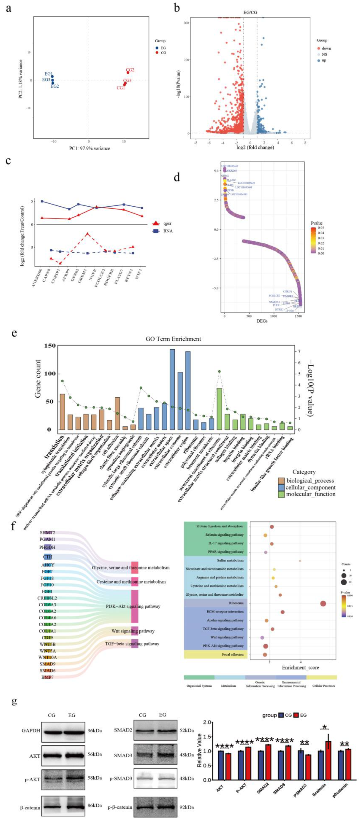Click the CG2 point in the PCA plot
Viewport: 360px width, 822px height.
coord(128,72)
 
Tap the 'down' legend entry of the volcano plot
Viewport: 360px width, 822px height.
coord(326,48)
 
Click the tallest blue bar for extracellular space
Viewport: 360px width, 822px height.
coord(172,389)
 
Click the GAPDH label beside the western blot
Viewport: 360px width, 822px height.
coord(31,730)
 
